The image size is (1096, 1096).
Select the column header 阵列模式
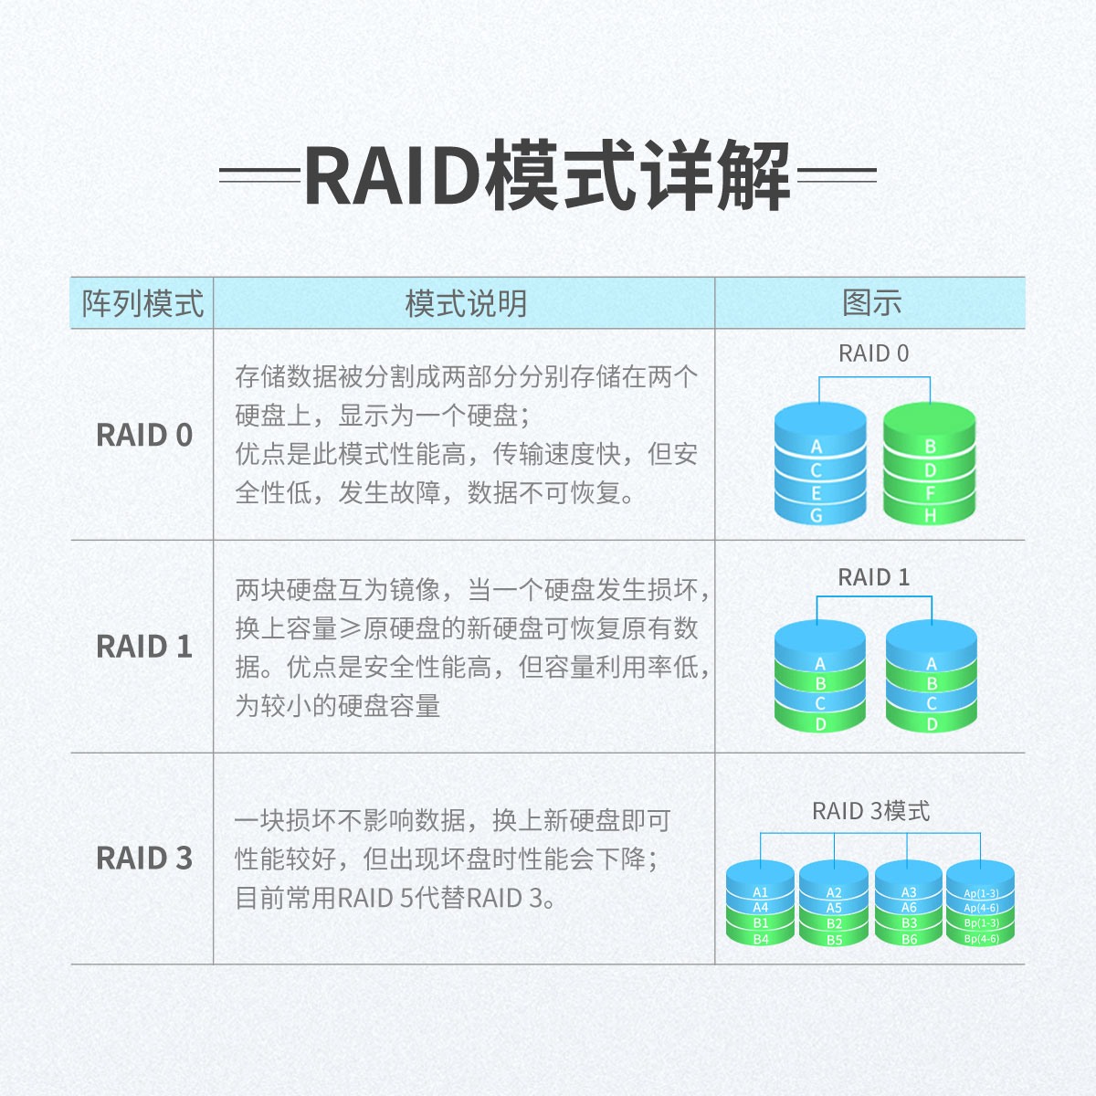click(142, 303)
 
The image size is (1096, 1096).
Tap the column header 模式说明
click(466, 303)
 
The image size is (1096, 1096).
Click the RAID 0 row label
click(144, 435)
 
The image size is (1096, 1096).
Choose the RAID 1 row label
click(144, 647)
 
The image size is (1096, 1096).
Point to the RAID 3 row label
click(144, 859)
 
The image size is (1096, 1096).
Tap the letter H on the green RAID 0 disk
click(930, 516)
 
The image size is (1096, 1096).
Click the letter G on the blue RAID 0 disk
click(817, 516)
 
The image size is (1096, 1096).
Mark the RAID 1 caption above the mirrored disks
click(874, 577)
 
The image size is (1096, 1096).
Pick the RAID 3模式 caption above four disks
click(870, 811)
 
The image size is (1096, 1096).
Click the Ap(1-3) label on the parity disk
click(981, 893)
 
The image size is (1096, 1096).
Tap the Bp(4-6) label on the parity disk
click(981, 938)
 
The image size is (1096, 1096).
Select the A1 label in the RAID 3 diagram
click(761, 892)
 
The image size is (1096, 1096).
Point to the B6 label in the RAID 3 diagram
click(909, 939)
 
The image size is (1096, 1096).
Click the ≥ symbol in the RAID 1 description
click(351, 628)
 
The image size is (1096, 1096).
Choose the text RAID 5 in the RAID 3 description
click(375, 898)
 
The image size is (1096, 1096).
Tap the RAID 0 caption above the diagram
click(874, 353)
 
